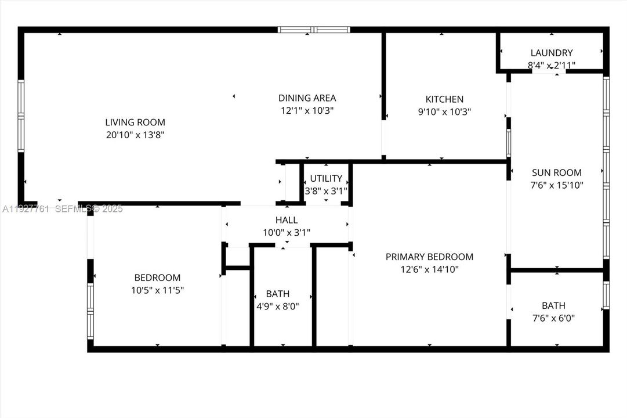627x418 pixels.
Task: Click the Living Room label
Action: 135,122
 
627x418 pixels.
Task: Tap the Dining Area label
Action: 307,98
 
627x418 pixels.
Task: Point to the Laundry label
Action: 551,53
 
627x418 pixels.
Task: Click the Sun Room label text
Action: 557,172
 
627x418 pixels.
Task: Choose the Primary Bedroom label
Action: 429,257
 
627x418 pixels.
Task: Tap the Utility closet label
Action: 326,178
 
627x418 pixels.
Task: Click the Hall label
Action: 287,220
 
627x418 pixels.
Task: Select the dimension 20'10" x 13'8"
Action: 135,135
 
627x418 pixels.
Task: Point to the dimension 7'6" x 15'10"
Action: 557,185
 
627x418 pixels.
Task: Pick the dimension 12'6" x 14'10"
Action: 429,269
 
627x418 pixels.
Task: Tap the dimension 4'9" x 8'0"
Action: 278,306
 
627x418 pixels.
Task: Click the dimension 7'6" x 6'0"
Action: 553,318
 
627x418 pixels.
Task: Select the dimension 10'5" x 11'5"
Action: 157,290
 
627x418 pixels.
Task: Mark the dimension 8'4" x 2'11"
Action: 551,66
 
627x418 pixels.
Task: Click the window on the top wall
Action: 314,30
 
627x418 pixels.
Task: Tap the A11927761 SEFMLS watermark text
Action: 61,209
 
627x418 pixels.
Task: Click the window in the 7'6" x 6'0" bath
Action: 606,295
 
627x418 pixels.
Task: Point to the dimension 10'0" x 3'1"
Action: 287,233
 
